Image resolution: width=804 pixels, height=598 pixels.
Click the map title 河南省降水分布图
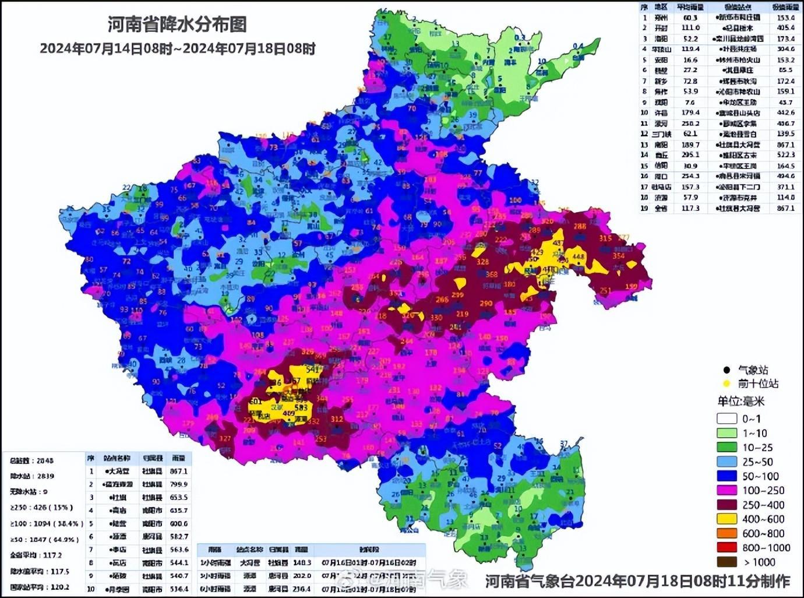(177, 24)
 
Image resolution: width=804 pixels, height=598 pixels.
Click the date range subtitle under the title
(177, 49)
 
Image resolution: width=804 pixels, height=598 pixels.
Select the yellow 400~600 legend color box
(727, 519)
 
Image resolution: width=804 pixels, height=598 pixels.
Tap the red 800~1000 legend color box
(727, 548)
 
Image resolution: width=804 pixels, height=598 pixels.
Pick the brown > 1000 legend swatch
(727, 562)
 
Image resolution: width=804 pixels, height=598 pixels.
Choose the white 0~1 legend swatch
(727, 419)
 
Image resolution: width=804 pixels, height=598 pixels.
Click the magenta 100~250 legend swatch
(727, 491)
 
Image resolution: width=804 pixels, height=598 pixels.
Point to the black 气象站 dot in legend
(727, 370)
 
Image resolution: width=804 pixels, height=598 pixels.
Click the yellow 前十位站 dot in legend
(727, 384)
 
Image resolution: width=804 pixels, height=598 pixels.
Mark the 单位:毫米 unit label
(740, 401)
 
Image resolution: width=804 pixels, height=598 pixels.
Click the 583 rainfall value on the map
(301, 407)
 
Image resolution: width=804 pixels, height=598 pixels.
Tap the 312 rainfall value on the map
(337, 418)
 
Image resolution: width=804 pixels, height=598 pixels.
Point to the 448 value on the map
(578, 257)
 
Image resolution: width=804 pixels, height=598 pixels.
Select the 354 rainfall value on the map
(618, 256)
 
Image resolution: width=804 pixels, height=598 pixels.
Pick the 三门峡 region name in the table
(661, 134)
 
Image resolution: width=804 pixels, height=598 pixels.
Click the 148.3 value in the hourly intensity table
(301, 563)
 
